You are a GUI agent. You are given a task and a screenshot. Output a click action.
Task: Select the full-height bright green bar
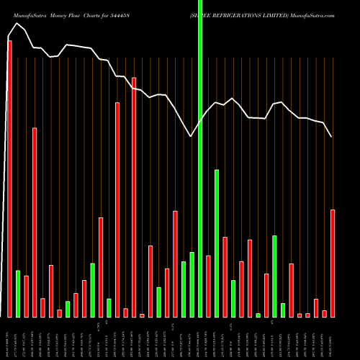coord(200,158)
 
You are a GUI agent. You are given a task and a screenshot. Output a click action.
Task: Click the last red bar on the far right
coord(333,263)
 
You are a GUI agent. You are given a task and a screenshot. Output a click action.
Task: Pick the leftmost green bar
coord(18,293)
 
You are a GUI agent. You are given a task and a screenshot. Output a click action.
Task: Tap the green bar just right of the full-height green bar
coord(217,243)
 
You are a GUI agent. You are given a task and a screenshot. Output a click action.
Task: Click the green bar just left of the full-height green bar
coord(192,284)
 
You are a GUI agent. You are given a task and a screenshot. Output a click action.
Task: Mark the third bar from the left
coord(26,296)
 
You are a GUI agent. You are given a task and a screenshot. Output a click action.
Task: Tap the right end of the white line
coord(332,137)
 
